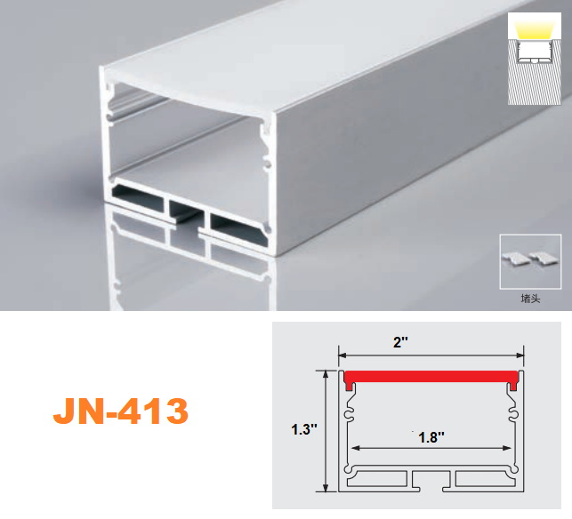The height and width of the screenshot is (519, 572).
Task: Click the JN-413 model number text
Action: coord(121,411)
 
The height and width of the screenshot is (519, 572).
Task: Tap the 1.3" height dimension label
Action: coord(304,429)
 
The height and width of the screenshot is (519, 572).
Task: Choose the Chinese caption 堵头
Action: coord(531,299)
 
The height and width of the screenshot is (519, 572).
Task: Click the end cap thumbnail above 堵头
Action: coord(531,259)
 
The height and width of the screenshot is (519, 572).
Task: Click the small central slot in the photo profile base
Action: coord(184,212)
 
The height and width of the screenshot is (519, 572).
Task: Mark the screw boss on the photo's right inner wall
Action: coord(265,142)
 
